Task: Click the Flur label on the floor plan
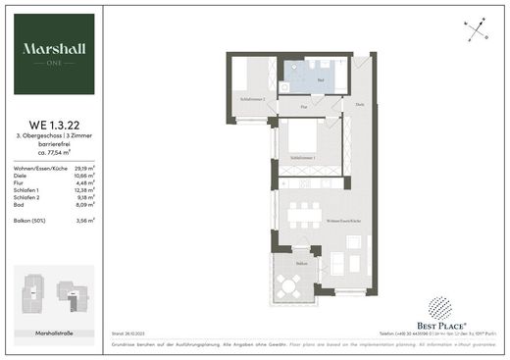point(304,105)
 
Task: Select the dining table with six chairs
point(303,213)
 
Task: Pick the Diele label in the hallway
point(360,105)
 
